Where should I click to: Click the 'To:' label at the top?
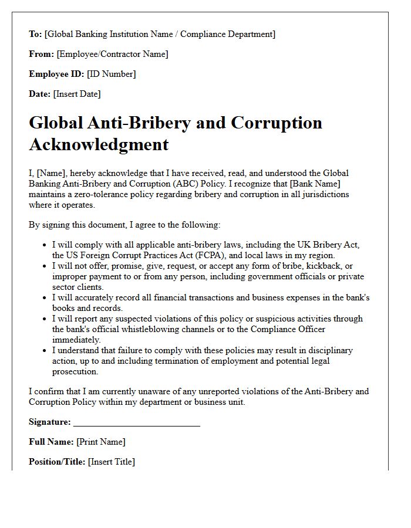point(35,34)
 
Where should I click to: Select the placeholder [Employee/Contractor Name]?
point(112,54)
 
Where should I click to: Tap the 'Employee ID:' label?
point(56,74)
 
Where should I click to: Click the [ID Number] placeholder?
point(111,74)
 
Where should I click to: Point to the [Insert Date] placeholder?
point(77,94)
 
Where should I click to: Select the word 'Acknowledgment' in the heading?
point(99,144)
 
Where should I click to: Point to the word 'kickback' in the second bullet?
point(325,266)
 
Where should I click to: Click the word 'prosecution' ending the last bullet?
point(75,371)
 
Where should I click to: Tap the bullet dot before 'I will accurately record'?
point(45,297)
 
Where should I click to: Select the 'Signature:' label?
point(50,422)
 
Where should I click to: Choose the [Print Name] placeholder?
point(100,442)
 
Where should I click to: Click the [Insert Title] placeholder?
point(111,462)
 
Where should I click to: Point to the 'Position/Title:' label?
point(57,462)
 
